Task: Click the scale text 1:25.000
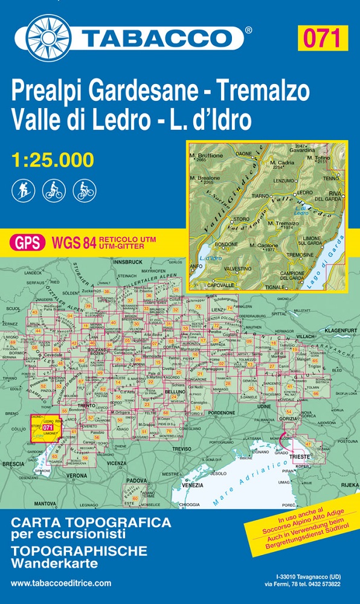(53, 160)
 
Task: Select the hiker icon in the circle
(21, 191)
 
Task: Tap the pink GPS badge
(28, 243)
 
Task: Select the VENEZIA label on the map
(193, 486)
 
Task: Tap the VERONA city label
(77, 476)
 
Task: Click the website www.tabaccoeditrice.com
(61, 583)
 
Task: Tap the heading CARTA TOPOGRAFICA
(91, 522)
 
